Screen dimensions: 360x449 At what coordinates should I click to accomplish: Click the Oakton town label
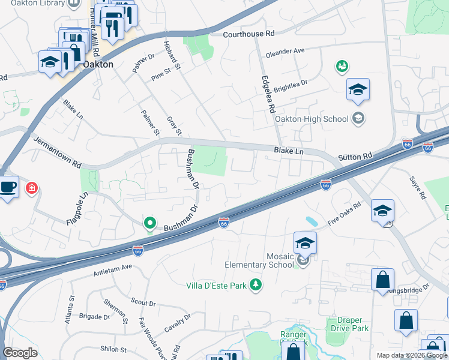click(98, 64)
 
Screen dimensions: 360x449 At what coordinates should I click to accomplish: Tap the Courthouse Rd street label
click(249, 34)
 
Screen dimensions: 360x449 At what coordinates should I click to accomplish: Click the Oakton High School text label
click(312, 118)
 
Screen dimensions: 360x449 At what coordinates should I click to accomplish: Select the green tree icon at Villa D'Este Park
click(256, 284)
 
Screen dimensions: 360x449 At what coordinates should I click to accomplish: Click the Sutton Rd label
click(355, 157)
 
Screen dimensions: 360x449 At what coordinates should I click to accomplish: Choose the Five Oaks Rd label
click(345, 214)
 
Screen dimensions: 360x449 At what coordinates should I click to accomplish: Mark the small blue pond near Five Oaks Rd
click(311, 221)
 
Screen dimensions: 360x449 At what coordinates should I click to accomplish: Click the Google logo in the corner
click(20, 352)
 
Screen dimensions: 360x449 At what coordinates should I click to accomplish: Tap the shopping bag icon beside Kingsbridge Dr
click(382, 280)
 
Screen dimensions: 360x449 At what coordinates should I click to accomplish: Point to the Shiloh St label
click(113, 349)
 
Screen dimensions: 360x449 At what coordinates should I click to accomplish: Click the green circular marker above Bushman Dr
click(150, 223)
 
